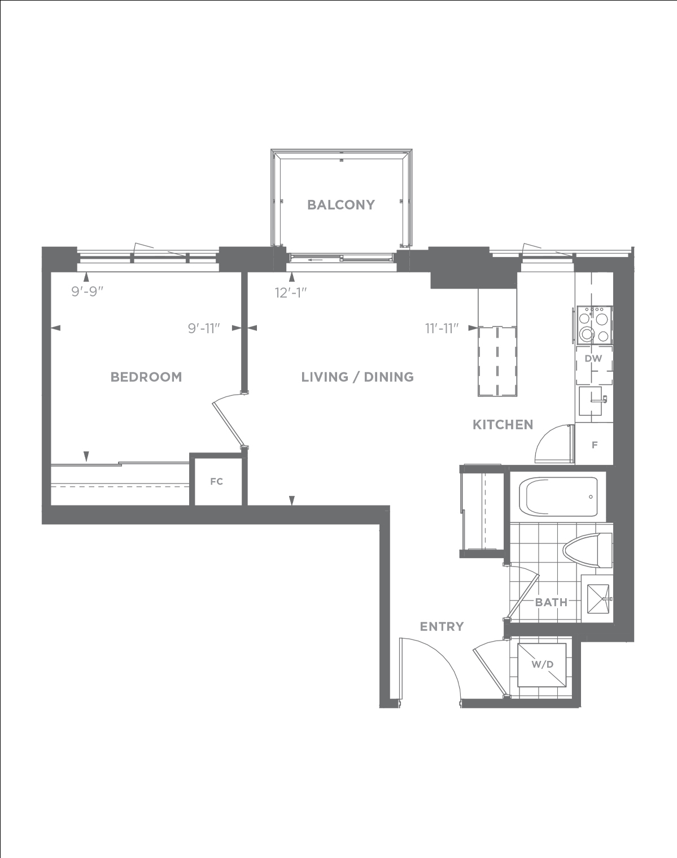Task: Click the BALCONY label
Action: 341,205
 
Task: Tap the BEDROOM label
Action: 146,377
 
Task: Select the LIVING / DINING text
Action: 357,377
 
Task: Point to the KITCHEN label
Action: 503,425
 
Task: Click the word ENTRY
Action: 442,626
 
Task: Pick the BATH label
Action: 552,602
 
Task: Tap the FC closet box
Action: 216,482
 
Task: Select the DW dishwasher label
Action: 593,359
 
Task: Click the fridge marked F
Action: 594,444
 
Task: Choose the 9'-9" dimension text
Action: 88,291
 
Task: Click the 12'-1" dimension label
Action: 291,293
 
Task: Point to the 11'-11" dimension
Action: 442,328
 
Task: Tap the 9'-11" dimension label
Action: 204,328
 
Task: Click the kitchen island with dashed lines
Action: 497,362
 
